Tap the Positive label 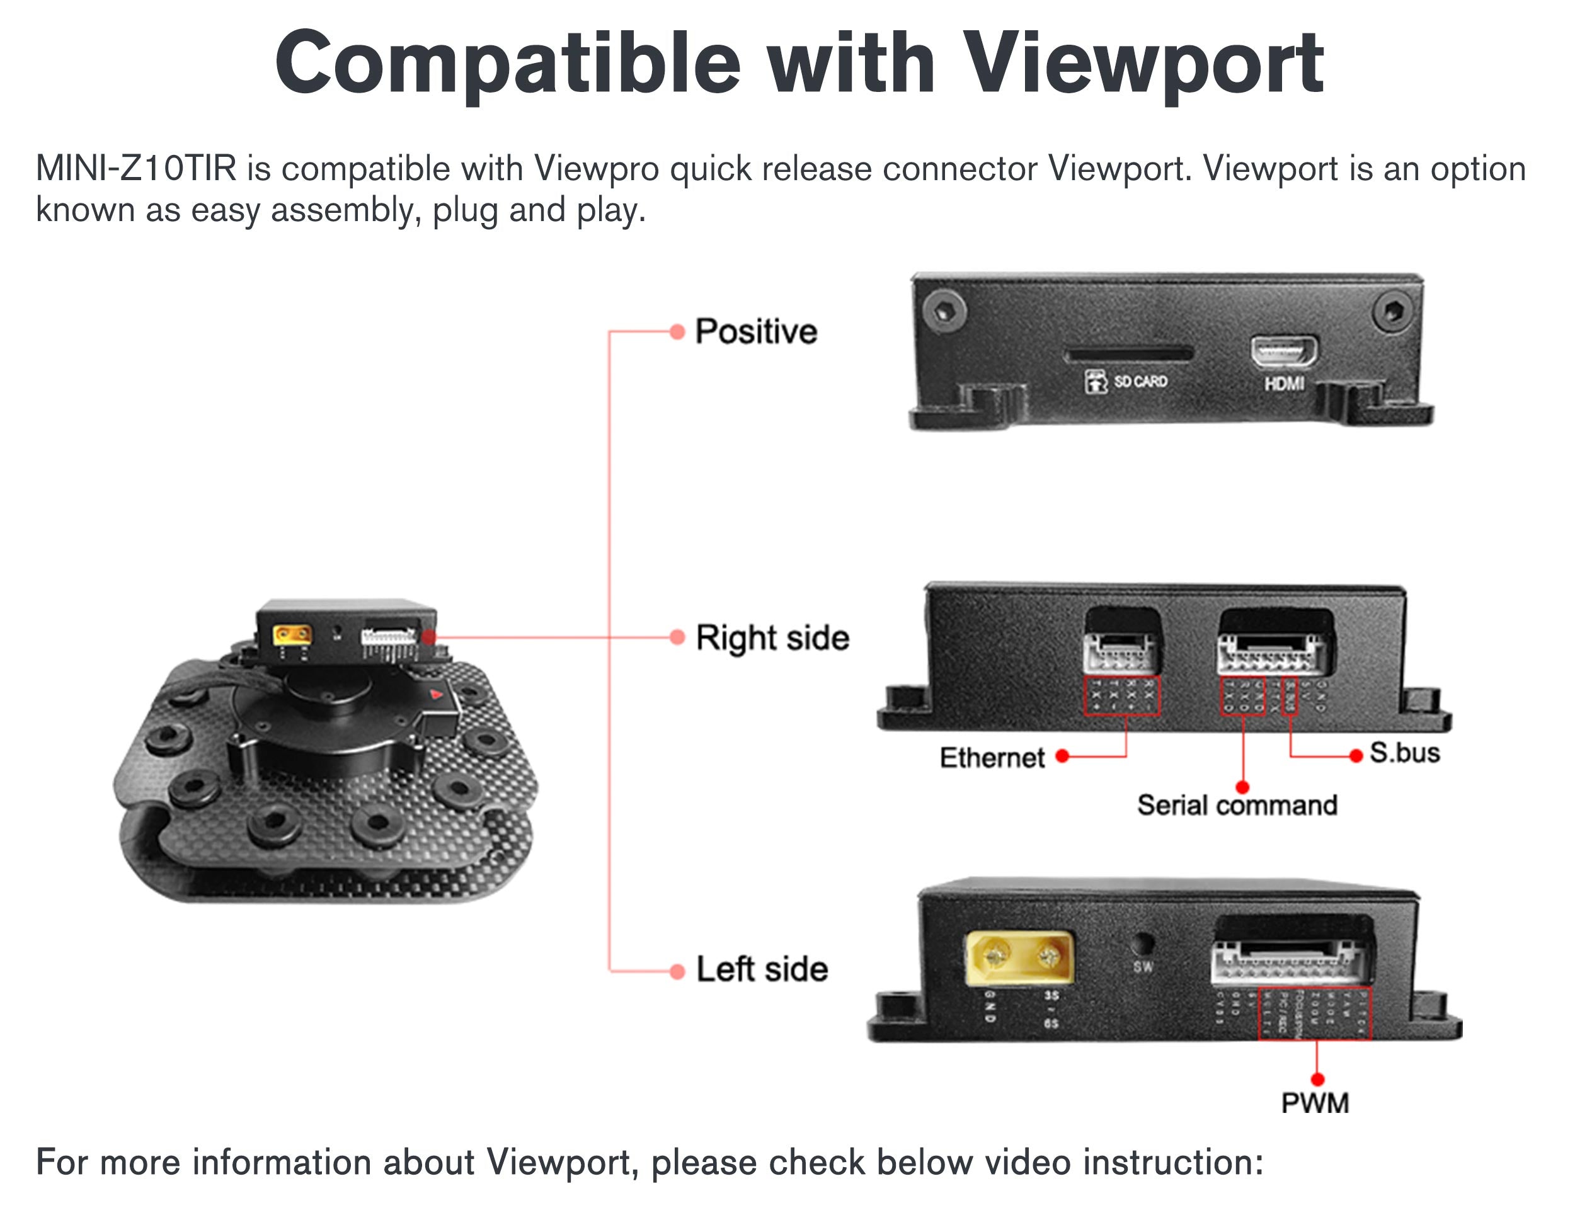coord(756,332)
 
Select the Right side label coord(772,638)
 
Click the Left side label coord(762,969)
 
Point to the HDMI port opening coord(1283,352)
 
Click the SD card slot coord(1128,354)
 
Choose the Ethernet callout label coord(992,758)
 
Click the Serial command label coord(1237,806)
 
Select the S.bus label coord(1404,753)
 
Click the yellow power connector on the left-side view coord(1019,958)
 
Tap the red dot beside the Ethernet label coord(1062,756)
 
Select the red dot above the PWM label coord(1317,1080)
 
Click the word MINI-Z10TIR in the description coord(135,169)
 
